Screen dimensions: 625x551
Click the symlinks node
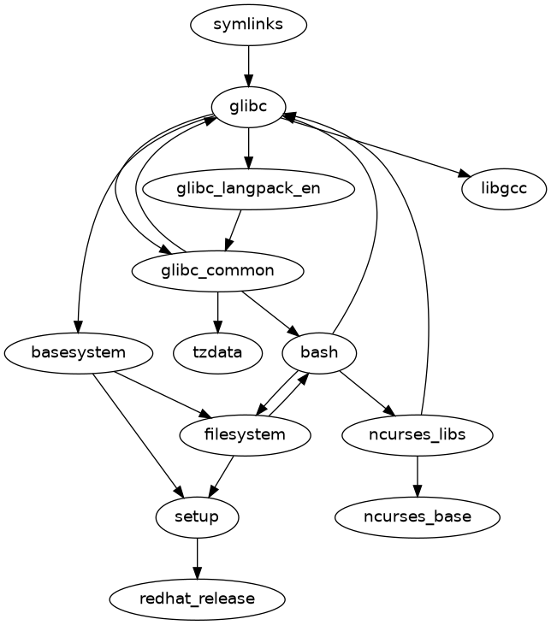[x=248, y=26]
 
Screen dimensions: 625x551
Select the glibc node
[x=248, y=107]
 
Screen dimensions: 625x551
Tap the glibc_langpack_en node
[x=248, y=189]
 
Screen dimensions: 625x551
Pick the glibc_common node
[x=217, y=271]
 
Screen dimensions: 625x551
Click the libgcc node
[x=503, y=189]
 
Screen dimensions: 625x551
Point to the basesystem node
[x=79, y=352]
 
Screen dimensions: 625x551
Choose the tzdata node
[x=217, y=352]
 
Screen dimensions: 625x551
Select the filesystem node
[x=245, y=434]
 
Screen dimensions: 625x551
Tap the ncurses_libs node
[x=417, y=434]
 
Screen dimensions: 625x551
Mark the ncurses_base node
[x=417, y=516]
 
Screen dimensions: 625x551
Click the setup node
[x=198, y=516]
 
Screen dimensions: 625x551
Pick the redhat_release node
[x=198, y=598]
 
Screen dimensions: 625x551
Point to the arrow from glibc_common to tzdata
[x=217, y=311]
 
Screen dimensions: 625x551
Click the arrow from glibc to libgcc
[x=376, y=148]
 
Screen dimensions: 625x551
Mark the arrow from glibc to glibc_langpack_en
[x=248, y=148]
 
